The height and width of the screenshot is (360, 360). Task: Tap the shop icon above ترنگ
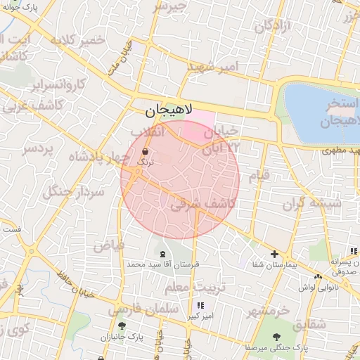tap(145, 151)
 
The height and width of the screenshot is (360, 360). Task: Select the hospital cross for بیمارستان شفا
tap(274, 255)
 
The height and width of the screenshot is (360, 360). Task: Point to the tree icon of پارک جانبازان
tap(122, 326)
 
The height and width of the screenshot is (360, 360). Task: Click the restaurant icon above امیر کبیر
tap(200, 306)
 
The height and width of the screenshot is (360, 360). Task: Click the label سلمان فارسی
tap(136, 308)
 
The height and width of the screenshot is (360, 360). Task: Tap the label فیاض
tap(108, 245)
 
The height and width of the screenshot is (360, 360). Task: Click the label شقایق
tap(309, 324)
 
